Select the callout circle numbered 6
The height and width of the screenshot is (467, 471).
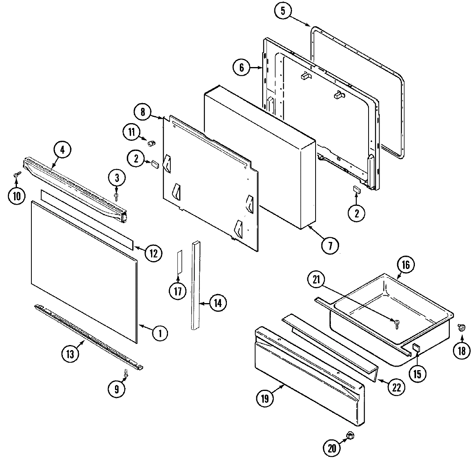[242, 68]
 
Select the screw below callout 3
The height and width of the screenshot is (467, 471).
[117, 195]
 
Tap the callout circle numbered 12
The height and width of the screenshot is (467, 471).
[153, 253]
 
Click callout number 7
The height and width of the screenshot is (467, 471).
[329, 246]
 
